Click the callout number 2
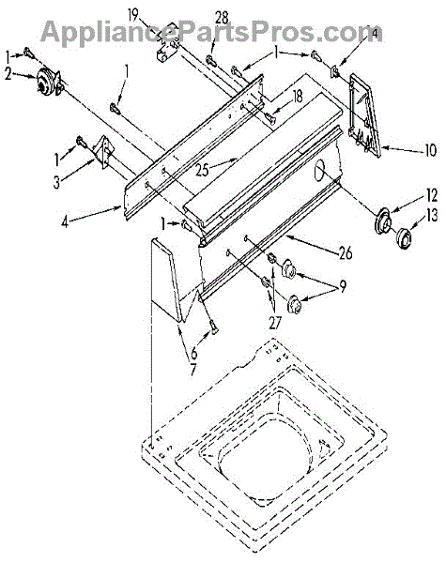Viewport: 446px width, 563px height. [8, 74]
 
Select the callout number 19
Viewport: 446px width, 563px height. [132, 15]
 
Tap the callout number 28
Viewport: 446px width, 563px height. [222, 18]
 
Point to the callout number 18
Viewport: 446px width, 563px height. [298, 97]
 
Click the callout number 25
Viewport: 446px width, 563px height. [203, 170]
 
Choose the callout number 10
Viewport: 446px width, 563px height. [430, 150]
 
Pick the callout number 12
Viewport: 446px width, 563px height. [432, 195]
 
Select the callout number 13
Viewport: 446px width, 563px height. [432, 216]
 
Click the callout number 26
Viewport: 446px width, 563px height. [346, 253]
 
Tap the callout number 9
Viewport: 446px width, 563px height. [343, 286]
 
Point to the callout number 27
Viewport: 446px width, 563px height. [275, 323]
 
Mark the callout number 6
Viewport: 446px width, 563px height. [194, 354]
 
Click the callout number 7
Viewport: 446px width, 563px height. [193, 370]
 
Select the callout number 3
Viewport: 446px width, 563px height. [56, 182]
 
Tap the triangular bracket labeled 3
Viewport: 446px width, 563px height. [103, 151]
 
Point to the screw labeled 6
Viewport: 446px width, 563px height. [214, 326]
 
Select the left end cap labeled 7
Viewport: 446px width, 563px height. [168, 279]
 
